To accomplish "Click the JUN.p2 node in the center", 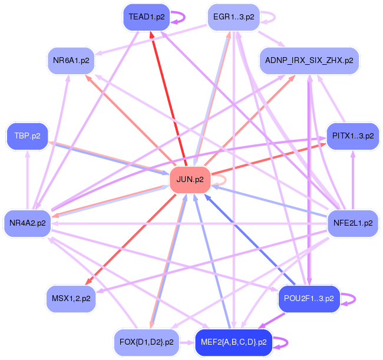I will (x=190, y=180).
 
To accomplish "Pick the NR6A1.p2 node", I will (x=71, y=61).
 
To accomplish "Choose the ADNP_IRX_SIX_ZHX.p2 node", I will (x=309, y=61).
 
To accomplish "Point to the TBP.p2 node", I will (x=28, y=136).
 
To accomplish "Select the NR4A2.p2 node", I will (x=28, y=223).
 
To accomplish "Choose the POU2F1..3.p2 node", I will (x=309, y=298).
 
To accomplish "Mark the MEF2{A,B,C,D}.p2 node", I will (x=234, y=342).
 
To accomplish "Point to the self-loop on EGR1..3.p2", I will (x=269, y=18).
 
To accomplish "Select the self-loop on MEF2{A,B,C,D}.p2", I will (x=282, y=342).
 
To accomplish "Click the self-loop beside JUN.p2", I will (x=222, y=180).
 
